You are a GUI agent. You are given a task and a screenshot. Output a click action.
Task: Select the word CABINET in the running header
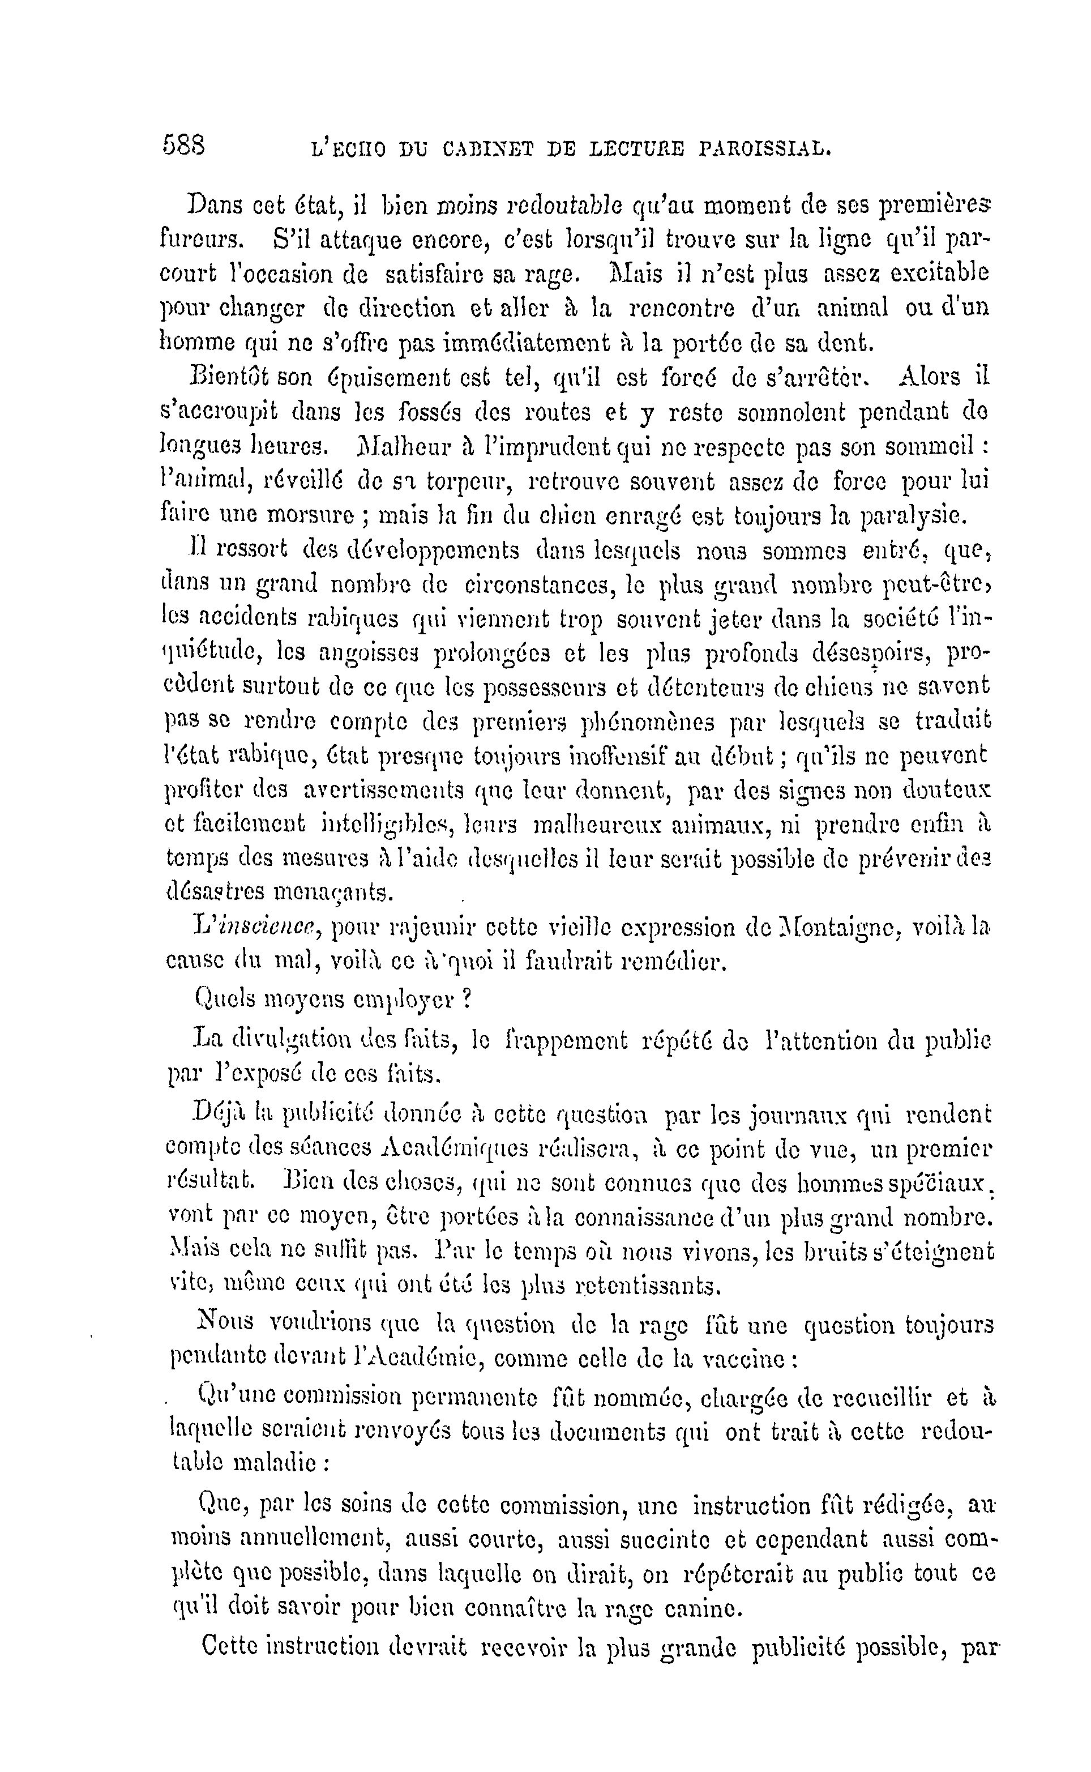pos(489,150)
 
